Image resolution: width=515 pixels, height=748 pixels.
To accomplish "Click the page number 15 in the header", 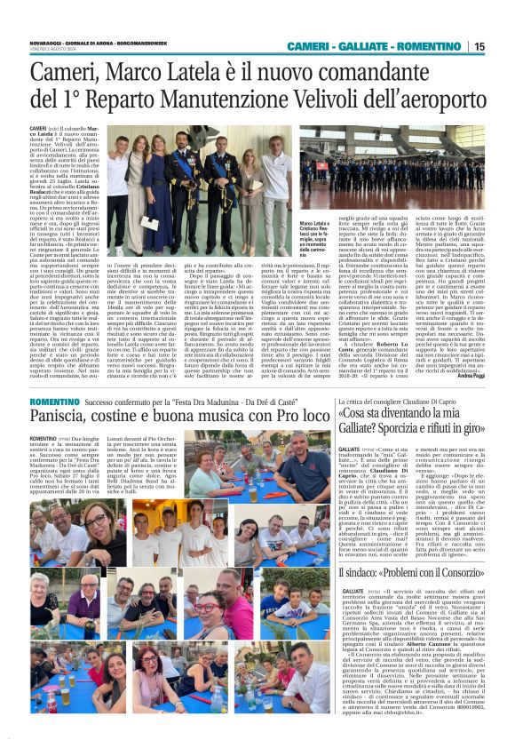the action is pyautogui.click(x=504, y=46).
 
